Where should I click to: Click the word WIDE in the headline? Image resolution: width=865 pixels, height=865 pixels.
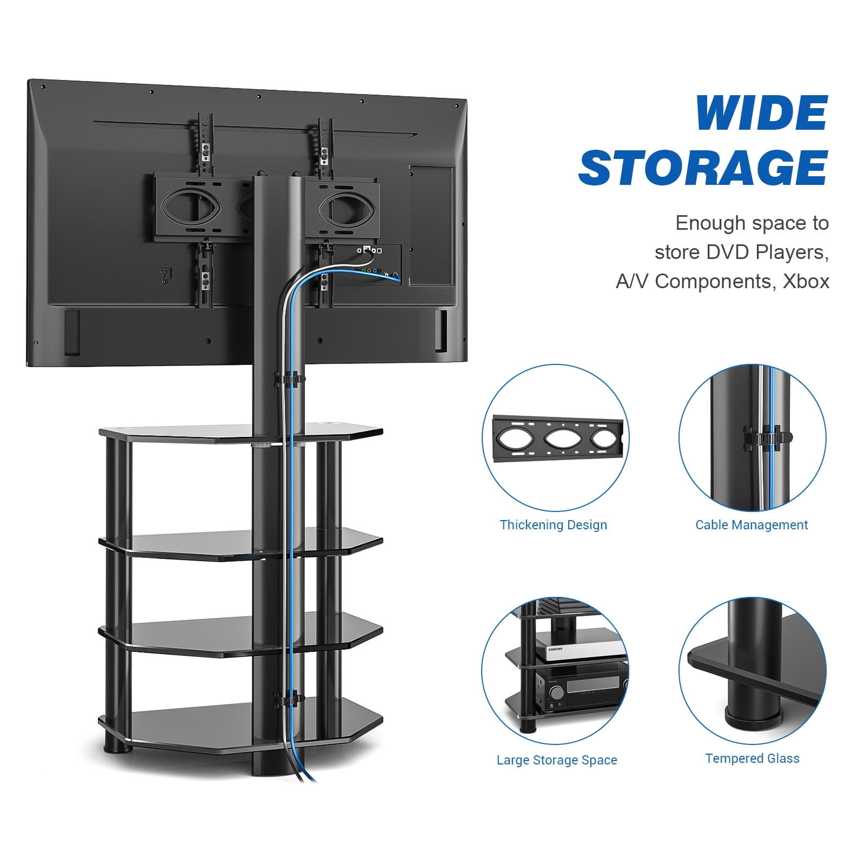(x=761, y=113)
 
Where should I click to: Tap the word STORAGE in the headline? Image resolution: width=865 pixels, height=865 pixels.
(x=703, y=168)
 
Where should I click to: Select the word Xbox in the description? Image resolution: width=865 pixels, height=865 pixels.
(x=806, y=282)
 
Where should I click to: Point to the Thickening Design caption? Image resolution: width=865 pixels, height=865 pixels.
(x=553, y=525)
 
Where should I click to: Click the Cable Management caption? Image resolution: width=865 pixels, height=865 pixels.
(x=751, y=525)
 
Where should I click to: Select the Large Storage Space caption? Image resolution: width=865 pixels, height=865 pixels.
(x=557, y=760)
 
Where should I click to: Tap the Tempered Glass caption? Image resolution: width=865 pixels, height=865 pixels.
(x=752, y=758)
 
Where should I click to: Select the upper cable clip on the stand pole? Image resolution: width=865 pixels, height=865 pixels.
(x=289, y=379)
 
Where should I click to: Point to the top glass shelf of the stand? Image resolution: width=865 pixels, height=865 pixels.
(x=241, y=432)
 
